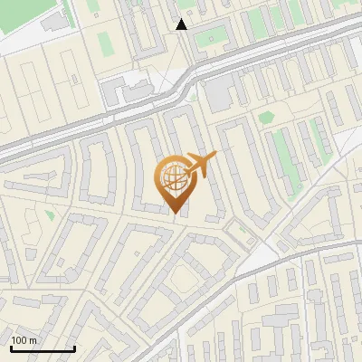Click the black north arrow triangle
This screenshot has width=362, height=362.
click(182, 25)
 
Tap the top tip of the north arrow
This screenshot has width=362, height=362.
click(182, 19)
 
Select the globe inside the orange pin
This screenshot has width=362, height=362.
click(171, 177)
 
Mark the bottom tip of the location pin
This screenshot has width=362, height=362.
click(173, 214)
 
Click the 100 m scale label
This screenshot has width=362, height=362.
click(24, 339)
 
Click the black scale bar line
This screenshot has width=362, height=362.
click(43, 348)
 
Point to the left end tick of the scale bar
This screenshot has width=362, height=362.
click(11, 347)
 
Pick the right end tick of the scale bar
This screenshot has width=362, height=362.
click(74, 347)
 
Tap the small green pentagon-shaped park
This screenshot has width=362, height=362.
click(266, 117)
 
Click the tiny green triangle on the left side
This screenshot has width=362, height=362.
click(49, 214)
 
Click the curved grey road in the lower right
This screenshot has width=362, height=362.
click(271, 262)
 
